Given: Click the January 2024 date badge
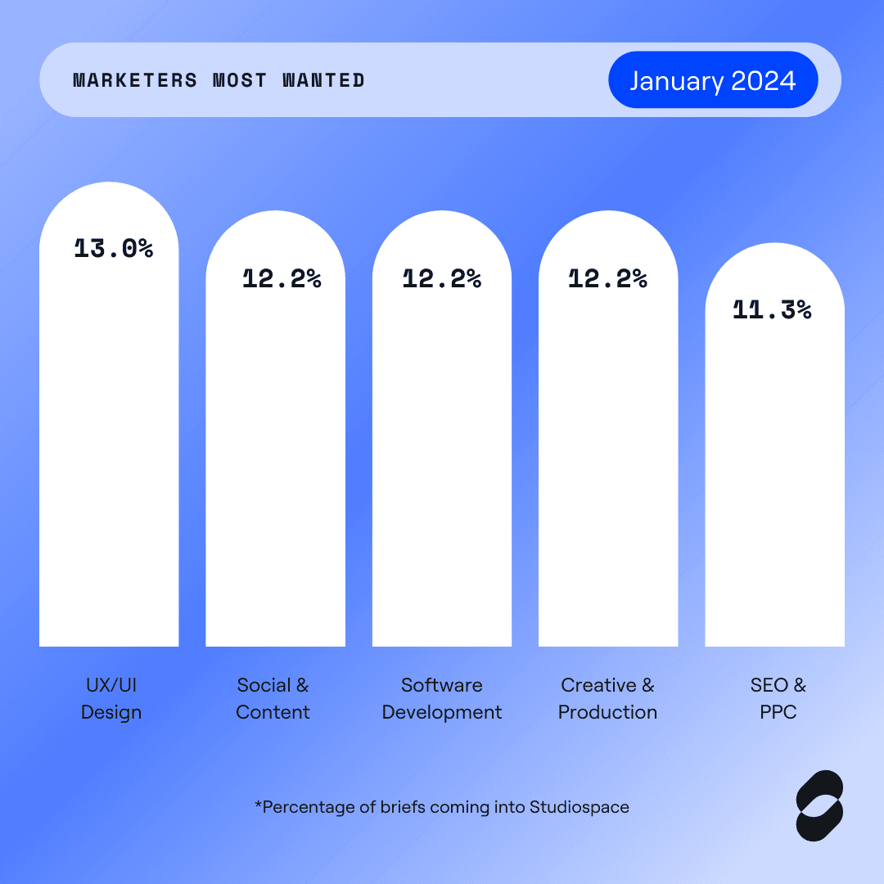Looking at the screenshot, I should click(x=713, y=80).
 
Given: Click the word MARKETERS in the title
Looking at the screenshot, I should click(x=135, y=80).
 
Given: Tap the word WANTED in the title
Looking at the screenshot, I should click(x=323, y=80).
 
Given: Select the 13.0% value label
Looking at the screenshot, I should click(x=114, y=249).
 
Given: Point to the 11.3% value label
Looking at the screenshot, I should click(x=772, y=309).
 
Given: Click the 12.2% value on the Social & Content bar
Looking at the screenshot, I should click(x=282, y=279).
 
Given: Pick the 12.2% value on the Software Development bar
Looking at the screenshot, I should click(x=441, y=279).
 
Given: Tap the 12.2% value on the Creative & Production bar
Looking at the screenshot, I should click(x=607, y=279).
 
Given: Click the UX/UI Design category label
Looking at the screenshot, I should click(x=111, y=698).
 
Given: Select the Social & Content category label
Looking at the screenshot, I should click(x=273, y=698).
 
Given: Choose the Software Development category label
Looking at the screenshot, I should click(x=442, y=698).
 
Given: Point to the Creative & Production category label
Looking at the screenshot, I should click(x=607, y=698).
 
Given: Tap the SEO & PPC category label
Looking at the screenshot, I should click(x=778, y=698).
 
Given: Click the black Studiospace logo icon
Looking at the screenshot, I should click(x=819, y=805).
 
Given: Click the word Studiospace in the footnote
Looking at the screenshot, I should click(x=580, y=807).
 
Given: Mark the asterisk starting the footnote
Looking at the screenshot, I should click(x=258, y=805).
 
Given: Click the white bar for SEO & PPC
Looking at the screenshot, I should click(x=774, y=491).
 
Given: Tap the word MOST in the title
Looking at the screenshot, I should click(x=240, y=80).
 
